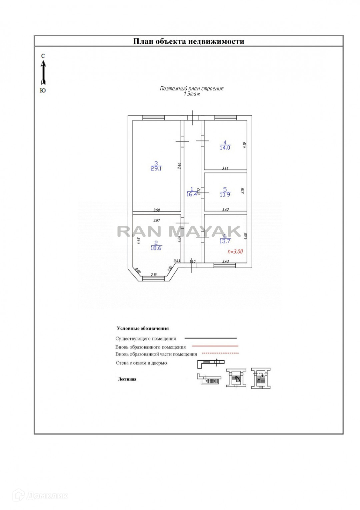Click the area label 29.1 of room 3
point(156,169)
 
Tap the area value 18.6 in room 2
point(156,248)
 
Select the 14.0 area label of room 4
point(225,148)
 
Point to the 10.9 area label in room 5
point(225,195)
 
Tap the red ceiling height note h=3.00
point(235,252)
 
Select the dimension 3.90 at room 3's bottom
point(156,210)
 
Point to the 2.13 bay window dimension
point(154,275)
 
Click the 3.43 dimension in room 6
point(225,262)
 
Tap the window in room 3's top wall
point(153,117)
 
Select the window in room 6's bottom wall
point(225,265)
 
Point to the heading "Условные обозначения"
point(143,329)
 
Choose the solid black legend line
point(211,338)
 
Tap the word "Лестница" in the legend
point(127,379)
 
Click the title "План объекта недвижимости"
point(189,41)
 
